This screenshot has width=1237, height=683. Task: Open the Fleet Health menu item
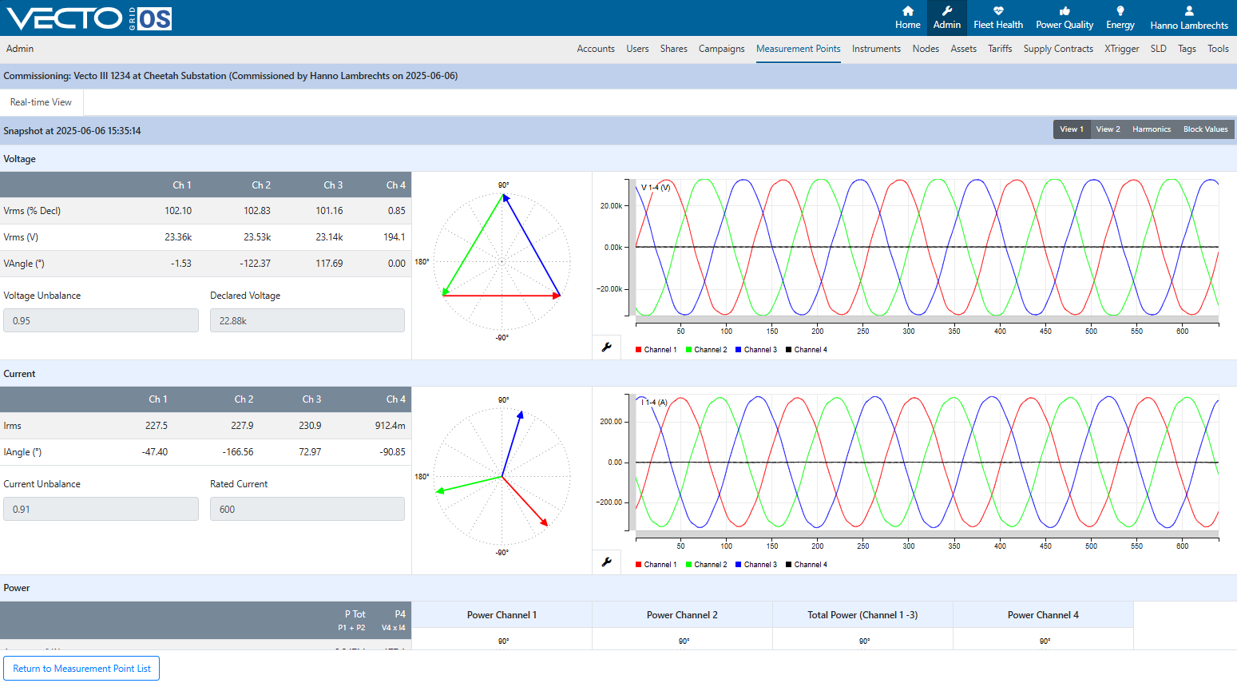pyautogui.click(x=998, y=18)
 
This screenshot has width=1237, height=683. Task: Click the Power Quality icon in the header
pyautogui.click(x=1065, y=11)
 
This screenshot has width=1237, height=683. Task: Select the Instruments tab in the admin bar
pyautogui.click(x=876, y=49)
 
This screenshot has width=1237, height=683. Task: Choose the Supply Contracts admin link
pyautogui.click(x=1058, y=49)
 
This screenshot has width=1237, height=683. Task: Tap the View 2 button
pyautogui.click(x=1108, y=129)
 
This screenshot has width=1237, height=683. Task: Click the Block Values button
pyautogui.click(x=1206, y=129)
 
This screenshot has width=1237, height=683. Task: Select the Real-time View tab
pyautogui.click(x=41, y=102)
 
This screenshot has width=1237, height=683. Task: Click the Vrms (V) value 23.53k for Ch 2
pyautogui.click(x=257, y=237)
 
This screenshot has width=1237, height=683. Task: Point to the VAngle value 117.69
pyautogui.click(x=329, y=264)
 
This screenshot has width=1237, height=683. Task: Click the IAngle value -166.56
pyautogui.click(x=238, y=452)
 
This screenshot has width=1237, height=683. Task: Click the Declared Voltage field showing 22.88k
pyautogui.click(x=307, y=320)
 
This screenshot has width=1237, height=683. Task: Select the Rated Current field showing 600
pyautogui.click(x=307, y=509)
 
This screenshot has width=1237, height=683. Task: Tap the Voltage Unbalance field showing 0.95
pyautogui.click(x=101, y=320)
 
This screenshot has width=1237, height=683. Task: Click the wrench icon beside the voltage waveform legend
pyautogui.click(x=606, y=347)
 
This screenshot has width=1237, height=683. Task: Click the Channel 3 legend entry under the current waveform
pyautogui.click(x=756, y=564)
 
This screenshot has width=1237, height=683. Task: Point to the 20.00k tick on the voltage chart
pyautogui.click(x=612, y=206)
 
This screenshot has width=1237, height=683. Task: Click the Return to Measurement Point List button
pyautogui.click(x=81, y=668)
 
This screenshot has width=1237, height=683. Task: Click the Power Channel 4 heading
pyautogui.click(x=1043, y=615)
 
